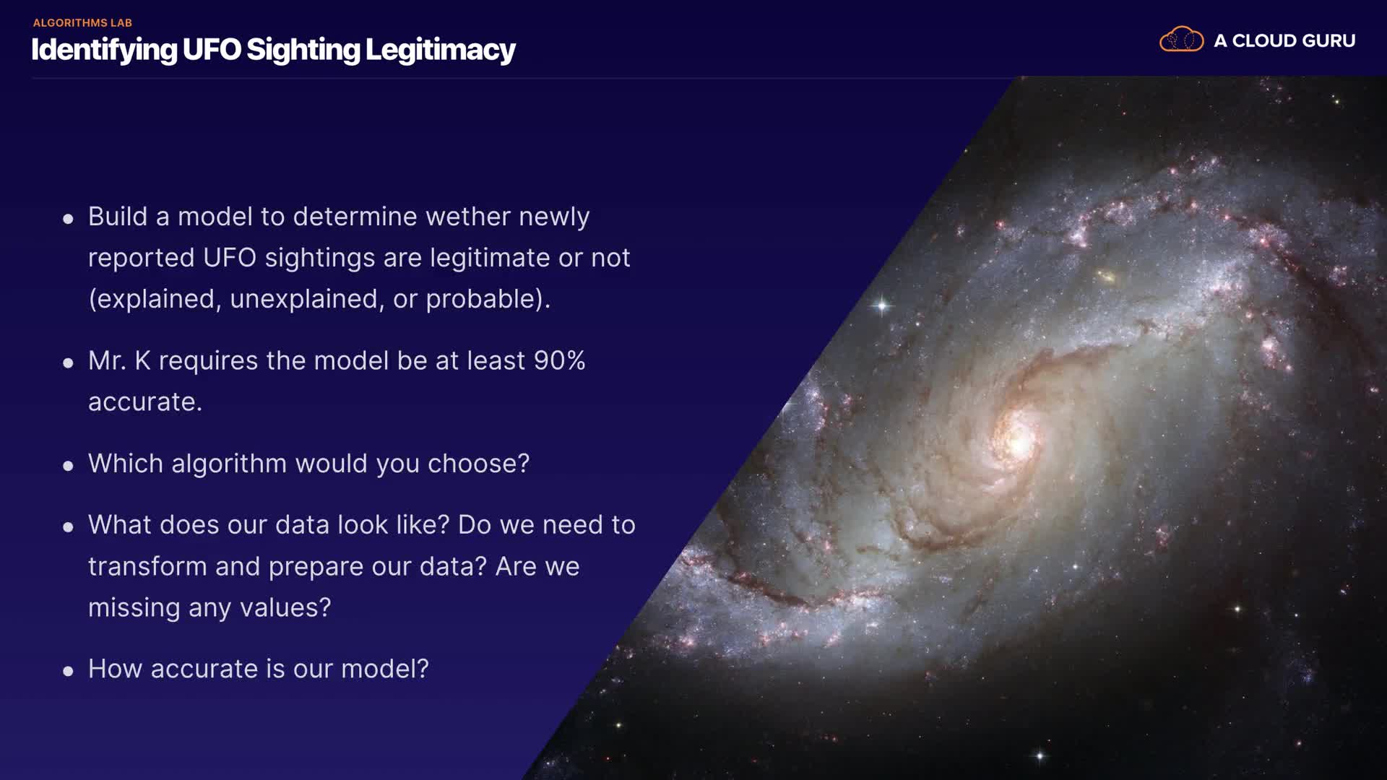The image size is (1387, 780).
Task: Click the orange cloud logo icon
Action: (1181, 39)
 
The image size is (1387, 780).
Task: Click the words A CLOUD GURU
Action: (1284, 41)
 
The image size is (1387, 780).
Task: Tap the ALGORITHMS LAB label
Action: (82, 23)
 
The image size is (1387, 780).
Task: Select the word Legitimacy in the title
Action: (440, 51)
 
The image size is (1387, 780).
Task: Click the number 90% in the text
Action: (559, 360)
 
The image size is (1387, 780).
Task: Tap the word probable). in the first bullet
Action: (488, 299)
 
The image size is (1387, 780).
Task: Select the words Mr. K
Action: (119, 360)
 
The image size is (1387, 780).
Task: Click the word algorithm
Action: (229, 464)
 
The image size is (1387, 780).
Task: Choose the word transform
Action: (147, 567)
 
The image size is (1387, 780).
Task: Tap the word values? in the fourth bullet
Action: (285, 608)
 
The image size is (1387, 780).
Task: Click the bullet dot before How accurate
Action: (68, 672)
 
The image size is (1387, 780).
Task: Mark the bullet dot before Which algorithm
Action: (68, 467)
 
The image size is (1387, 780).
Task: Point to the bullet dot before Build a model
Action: (68, 219)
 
